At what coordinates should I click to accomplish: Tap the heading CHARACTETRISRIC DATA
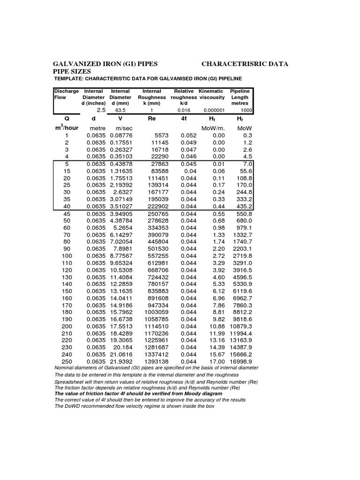245,63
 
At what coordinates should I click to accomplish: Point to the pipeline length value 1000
247,110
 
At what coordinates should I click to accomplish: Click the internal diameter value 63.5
121,110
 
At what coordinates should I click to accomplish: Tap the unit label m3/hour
67,128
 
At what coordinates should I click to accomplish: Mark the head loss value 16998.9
240,362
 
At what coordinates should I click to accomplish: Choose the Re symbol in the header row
151,119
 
